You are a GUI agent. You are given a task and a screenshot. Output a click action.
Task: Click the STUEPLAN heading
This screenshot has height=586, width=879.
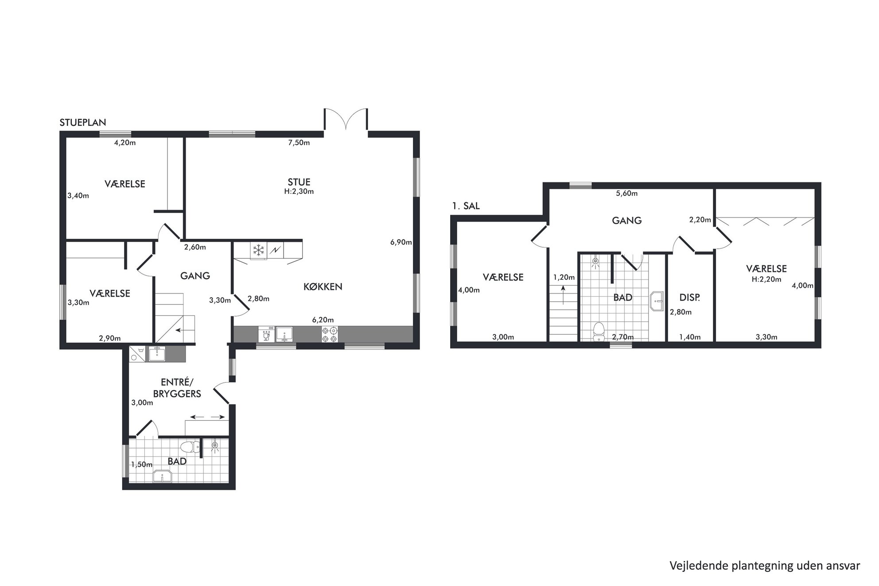(83, 123)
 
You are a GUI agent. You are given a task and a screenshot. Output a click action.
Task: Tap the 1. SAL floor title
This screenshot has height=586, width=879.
(466, 206)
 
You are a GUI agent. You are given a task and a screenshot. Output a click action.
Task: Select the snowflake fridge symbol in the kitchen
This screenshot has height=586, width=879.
(258, 250)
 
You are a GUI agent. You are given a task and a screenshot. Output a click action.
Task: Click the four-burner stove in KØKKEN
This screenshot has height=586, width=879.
(330, 334)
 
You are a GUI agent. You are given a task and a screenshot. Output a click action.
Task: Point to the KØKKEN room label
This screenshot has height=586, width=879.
(323, 287)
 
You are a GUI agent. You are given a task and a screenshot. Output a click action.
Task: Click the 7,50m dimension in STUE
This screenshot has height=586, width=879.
(299, 143)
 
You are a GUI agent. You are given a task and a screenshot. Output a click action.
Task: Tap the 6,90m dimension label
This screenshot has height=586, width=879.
(401, 242)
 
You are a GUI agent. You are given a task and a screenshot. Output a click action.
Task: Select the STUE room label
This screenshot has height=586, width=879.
(299, 182)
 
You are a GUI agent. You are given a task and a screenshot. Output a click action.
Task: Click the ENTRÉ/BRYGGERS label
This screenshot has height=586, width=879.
(177, 388)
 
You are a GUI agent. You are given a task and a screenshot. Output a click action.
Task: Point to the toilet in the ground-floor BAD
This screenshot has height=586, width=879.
(191, 446)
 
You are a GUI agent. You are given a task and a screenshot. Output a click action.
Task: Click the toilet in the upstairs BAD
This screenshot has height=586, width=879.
(599, 331)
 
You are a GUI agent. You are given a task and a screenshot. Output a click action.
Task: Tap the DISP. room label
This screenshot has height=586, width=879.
(690, 298)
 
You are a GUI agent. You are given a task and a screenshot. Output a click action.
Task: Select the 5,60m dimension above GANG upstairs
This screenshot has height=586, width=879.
(627, 194)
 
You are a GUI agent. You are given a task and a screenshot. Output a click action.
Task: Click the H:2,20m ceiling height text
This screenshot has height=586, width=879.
(766, 279)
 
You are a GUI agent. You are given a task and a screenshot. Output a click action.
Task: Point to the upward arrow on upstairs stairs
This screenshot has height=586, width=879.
(563, 295)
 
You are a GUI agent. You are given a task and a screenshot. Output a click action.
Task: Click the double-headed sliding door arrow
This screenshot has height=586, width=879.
(207, 417)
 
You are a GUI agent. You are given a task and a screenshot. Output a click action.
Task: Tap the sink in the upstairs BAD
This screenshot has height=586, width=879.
(657, 301)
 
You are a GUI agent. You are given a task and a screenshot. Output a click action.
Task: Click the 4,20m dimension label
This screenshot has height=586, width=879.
(125, 143)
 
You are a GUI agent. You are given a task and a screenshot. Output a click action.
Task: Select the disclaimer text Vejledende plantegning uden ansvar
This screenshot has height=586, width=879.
(765, 566)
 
